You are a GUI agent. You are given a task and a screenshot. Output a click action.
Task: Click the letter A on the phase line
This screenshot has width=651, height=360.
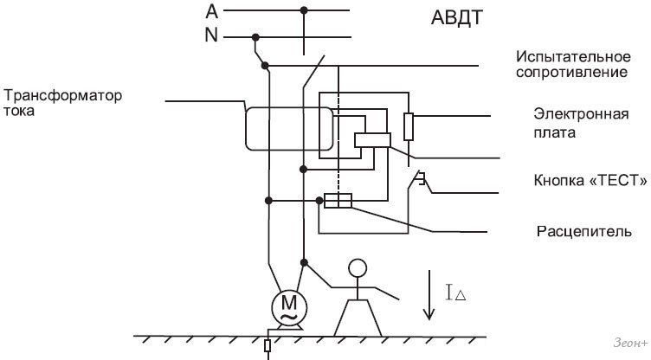point(212,11)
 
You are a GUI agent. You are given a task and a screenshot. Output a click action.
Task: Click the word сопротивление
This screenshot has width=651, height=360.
point(572,73)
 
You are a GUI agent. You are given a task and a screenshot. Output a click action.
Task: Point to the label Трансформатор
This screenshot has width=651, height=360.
point(63,94)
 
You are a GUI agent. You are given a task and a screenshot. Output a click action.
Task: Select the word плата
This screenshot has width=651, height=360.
point(555,133)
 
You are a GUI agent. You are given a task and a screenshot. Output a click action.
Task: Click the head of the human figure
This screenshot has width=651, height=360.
point(357,268)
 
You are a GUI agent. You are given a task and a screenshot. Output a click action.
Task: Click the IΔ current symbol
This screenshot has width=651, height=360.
point(455,294)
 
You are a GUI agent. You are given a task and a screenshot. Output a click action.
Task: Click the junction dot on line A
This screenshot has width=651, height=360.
point(303,11)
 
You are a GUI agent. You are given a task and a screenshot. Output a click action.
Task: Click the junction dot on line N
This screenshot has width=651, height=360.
point(255,36)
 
